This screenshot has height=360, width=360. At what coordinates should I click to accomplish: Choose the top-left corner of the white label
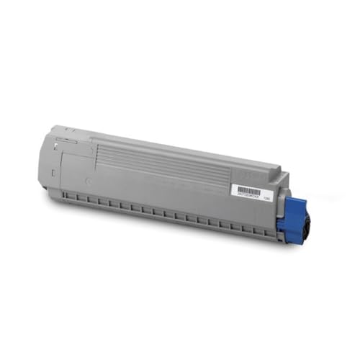230,184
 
